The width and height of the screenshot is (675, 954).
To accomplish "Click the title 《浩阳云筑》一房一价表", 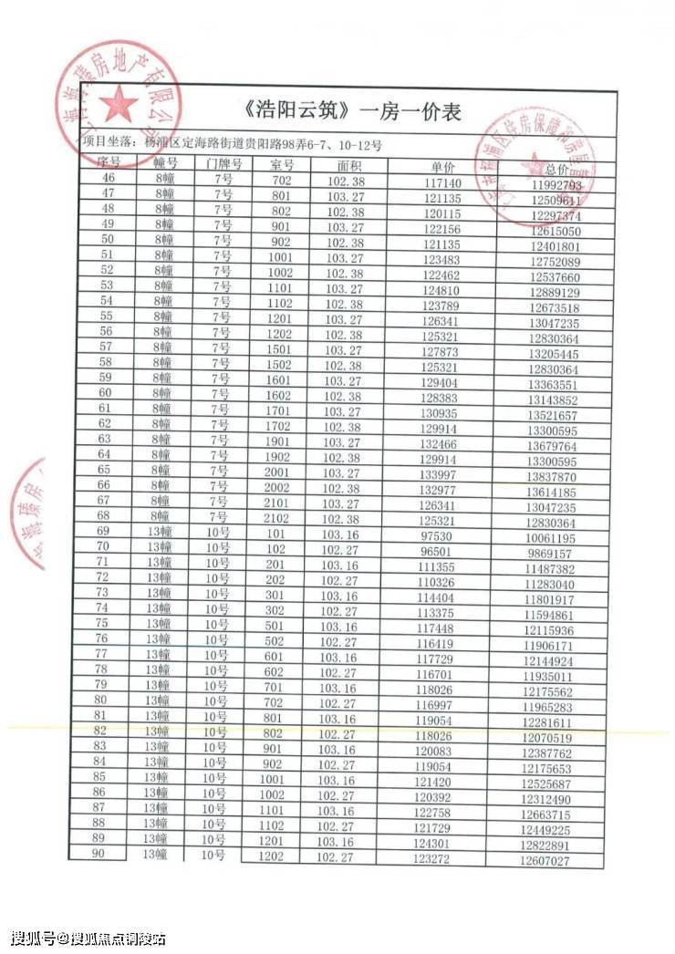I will point(354,112).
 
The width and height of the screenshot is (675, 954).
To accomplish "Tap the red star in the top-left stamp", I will point(118,105).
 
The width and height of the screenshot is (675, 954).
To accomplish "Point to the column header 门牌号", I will point(223,163).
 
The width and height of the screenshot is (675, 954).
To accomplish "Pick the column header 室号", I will point(282,164).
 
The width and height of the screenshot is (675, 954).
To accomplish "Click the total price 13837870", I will point(550,477).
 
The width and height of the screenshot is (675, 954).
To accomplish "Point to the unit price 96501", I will point(435,552).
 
